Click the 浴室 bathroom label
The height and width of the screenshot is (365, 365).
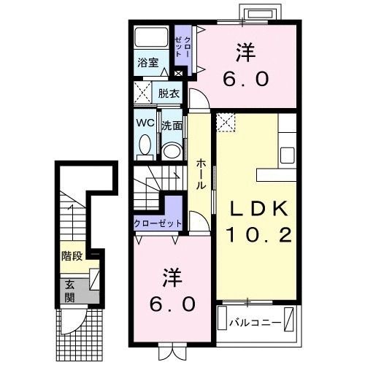click(x=148, y=62)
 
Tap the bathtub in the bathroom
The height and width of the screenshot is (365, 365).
click(x=152, y=38)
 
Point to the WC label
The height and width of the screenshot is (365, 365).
click(x=145, y=123)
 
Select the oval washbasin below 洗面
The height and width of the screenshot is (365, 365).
click(x=172, y=150)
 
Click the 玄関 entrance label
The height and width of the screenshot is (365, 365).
click(x=69, y=290)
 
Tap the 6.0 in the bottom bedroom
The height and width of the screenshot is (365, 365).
click(x=174, y=303)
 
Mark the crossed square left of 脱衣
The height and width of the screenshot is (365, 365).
click(x=142, y=93)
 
